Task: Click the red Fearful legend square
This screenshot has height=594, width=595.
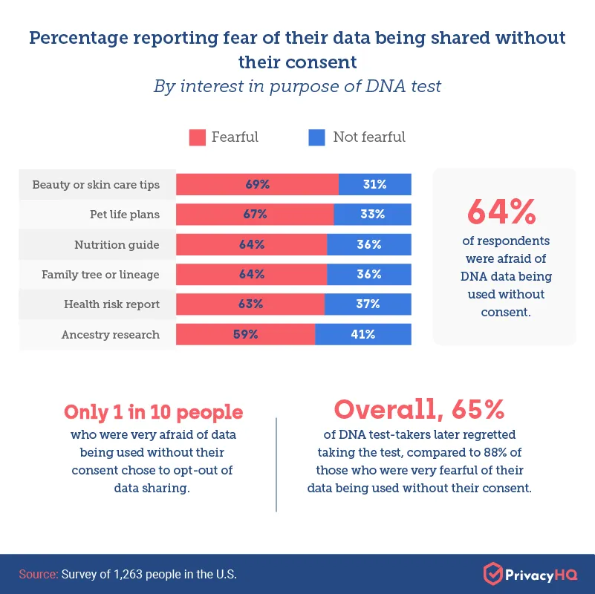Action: (197, 137)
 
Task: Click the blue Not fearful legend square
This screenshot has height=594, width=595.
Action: (317, 137)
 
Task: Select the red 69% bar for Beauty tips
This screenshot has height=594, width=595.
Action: (257, 185)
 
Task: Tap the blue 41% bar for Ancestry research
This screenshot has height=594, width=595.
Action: (363, 334)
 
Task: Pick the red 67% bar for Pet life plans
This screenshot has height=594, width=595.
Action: (255, 215)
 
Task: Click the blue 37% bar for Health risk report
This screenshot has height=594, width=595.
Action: (368, 304)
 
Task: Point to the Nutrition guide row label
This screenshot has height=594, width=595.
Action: (117, 245)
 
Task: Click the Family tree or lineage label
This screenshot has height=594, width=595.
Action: (100, 275)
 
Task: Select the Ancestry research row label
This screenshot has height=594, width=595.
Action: (111, 335)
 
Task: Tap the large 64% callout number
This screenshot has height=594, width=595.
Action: (501, 212)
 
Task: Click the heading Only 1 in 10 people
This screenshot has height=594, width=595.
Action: (154, 412)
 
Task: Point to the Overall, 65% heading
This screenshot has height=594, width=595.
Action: (420, 409)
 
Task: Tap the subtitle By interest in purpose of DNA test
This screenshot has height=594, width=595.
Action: (297, 86)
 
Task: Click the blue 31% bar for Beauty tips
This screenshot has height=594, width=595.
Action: (375, 185)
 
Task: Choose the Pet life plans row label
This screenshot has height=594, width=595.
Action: (124, 215)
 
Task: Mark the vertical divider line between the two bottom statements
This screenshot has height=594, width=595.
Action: (276, 464)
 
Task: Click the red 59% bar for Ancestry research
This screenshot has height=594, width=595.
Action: (246, 334)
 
